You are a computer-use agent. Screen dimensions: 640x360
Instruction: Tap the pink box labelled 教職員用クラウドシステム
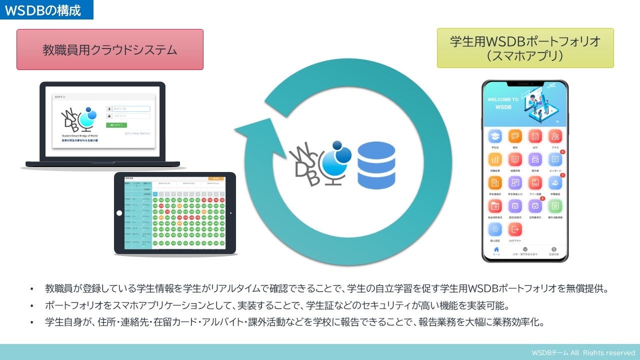coord(110,49)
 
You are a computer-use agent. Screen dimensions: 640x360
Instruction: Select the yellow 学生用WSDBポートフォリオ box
coord(525,48)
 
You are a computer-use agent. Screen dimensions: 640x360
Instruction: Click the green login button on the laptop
coord(116,125)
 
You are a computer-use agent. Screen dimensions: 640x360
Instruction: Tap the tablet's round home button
coord(119,213)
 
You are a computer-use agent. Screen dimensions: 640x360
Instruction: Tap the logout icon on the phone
coord(514,229)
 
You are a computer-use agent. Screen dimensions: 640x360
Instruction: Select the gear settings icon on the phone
coord(495,229)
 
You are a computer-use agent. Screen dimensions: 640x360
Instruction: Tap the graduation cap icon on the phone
coord(495,136)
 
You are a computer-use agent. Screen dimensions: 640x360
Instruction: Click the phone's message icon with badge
coord(555,159)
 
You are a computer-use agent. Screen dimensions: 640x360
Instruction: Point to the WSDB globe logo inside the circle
coord(320,162)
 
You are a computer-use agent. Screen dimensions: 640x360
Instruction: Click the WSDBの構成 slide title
coord(43,10)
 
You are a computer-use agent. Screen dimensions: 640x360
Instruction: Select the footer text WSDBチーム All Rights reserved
coord(583,352)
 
